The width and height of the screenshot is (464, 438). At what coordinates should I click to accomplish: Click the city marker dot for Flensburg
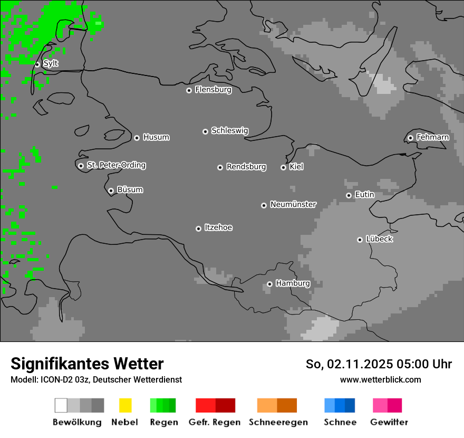189,90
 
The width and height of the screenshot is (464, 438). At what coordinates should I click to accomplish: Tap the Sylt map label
51,63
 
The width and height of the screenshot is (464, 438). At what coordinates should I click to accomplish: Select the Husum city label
156,137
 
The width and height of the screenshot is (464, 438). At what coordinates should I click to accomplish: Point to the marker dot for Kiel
283,167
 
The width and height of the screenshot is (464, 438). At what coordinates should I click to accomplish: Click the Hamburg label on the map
293,283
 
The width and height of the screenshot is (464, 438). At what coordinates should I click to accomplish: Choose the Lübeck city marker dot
360,240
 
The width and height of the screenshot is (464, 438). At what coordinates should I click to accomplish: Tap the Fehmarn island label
432,137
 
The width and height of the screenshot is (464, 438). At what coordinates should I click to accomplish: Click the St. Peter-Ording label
116,165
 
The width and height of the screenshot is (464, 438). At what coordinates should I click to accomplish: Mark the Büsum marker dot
111,191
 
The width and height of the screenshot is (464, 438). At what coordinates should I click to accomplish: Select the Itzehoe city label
218,227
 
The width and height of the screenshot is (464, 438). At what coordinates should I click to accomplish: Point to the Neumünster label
293,204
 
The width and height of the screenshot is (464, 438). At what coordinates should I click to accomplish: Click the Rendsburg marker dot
220,167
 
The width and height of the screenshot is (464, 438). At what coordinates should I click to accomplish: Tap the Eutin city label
364,195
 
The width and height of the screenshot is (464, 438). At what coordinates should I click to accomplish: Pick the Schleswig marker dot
205,131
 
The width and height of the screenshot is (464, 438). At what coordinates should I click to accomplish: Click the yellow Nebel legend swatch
125,405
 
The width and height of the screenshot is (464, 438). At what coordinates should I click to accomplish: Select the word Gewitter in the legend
389,422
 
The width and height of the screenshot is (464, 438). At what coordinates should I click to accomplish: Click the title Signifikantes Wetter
87,364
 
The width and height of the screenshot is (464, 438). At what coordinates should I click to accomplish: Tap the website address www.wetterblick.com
380,379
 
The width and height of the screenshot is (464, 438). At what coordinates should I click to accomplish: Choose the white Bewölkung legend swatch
61,405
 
